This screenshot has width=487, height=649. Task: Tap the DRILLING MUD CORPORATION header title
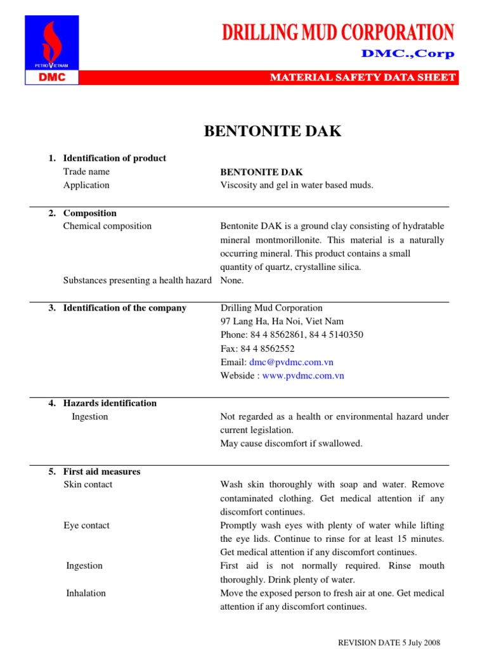pos(338,32)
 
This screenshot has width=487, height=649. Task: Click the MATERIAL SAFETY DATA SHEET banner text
pos(363,77)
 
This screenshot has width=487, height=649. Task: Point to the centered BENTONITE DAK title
pos(272,132)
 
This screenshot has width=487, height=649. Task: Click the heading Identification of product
pos(114,158)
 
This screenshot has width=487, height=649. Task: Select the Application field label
pos(86,185)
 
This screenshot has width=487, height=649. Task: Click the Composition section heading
pos(89,214)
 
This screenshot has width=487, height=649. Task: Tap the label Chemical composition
pos(107,226)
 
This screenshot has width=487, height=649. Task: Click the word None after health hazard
pos(231,280)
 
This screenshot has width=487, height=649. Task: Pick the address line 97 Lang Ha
pos(282,321)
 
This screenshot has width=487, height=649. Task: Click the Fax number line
pos(257,349)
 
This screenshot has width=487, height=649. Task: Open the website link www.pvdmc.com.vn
pos(303,376)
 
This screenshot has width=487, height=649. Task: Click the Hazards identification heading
pos(110,403)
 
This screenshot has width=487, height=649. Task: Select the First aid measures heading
pos(101,472)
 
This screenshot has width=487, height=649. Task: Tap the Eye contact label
pos(86,525)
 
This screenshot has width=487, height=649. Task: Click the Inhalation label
pos(86,593)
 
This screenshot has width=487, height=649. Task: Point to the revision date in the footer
pos(389,642)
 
